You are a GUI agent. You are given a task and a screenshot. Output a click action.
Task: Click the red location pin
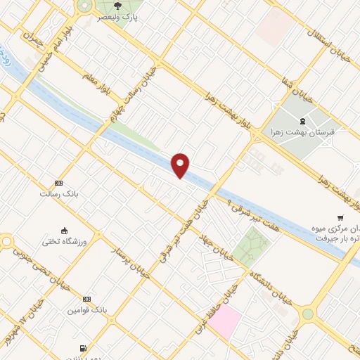point(181,165)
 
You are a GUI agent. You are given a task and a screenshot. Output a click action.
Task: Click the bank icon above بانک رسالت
point(58,182)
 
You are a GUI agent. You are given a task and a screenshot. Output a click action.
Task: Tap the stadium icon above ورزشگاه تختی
point(65,231)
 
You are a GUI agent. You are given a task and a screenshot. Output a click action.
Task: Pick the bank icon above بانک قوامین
point(86,299)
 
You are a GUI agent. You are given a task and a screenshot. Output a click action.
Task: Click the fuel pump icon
point(84,347)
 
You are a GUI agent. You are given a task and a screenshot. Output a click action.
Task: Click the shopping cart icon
point(341,217)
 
